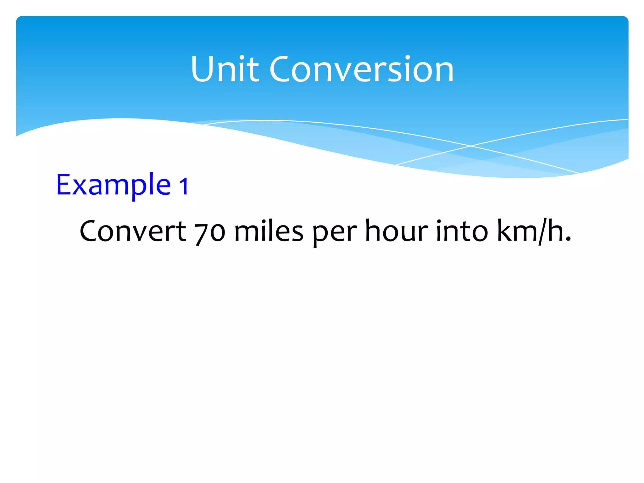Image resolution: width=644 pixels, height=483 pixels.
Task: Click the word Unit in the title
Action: [225, 69]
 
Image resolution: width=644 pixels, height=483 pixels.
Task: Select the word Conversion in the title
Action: [362, 69]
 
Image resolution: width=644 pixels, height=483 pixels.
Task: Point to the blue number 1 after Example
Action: [184, 186]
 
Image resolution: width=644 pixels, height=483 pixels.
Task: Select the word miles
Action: [269, 231]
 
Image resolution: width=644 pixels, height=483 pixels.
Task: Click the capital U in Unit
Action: [203, 69]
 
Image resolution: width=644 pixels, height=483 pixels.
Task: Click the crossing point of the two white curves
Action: [470, 146]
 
